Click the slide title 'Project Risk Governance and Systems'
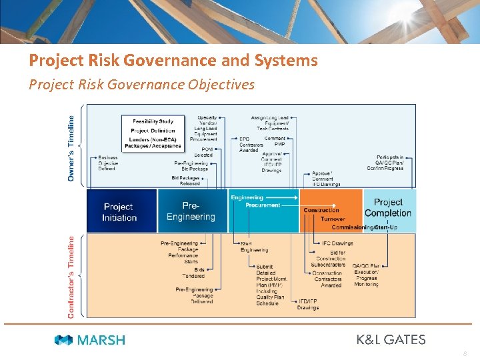click(x=173, y=61)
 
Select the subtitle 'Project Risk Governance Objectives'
click(x=141, y=85)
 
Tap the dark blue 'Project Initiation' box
click(x=119, y=212)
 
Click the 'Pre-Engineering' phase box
click(x=191, y=211)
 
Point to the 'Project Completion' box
click(x=388, y=207)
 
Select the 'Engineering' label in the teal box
click(x=247, y=197)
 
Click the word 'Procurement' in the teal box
click(x=263, y=205)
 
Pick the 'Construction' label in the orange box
click(x=321, y=210)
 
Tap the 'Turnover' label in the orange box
click(x=333, y=219)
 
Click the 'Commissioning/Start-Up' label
click(x=358, y=227)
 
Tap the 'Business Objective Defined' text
click(x=107, y=163)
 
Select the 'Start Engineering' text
click(x=255, y=247)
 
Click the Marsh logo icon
click(x=64, y=340)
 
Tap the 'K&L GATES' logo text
click(x=391, y=339)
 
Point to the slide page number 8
click(x=465, y=354)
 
